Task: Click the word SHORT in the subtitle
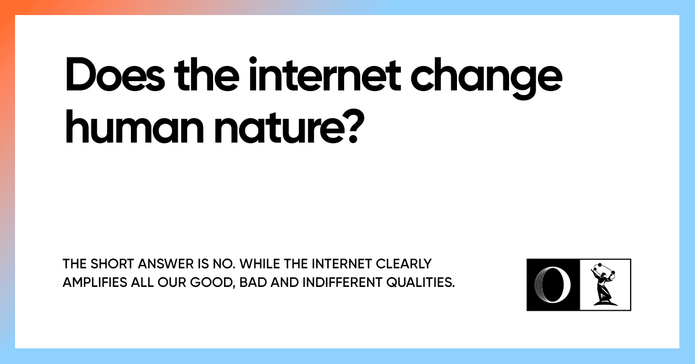(x=107, y=264)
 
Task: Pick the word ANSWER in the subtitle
(x=162, y=264)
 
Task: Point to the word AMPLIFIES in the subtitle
(x=92, y=283)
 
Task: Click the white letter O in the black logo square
(x=553, y=285)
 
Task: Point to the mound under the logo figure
(x=603, y=301)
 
